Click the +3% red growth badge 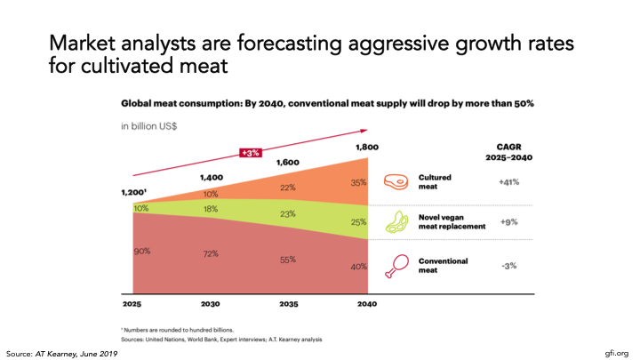250,153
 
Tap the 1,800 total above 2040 367,148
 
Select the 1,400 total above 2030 212,178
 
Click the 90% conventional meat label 141,252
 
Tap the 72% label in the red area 212,254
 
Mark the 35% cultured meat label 357,182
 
